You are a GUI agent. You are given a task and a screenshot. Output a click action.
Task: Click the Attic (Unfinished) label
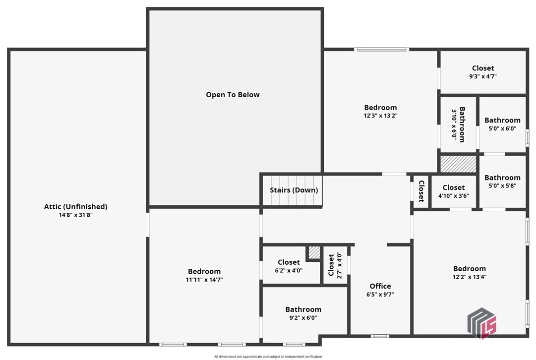click(x=75, y=207)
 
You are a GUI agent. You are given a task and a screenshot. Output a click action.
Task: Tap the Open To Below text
click(x=233, y=95)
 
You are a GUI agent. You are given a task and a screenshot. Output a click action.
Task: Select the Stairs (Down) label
click(x=294, y=190)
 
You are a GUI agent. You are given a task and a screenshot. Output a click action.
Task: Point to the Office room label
click(x=380, y=286)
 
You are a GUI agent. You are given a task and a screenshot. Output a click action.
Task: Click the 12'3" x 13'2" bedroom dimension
click(x=380, y=116)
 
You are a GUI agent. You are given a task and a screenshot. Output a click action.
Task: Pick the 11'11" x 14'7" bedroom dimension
click(x=204, y=280)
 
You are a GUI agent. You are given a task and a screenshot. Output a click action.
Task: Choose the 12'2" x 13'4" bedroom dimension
click(x=469, y=277)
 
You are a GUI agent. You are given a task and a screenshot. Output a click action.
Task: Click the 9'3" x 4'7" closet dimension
click(x=482, y=76)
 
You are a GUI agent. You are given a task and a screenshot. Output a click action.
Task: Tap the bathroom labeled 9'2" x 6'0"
click(x=303, y=309)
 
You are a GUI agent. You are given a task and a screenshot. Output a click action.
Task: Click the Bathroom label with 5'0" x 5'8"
click(x=502, y=178)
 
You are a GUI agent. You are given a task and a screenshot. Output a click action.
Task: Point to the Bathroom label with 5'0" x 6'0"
click(x=502, y=120)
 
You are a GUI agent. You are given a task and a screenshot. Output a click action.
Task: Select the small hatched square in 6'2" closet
click(x=314, y=252)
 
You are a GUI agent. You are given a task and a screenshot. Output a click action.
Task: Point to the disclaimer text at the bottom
click(x=268, y=357)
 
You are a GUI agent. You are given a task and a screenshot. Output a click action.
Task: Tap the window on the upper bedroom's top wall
click(x=381, y=49)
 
